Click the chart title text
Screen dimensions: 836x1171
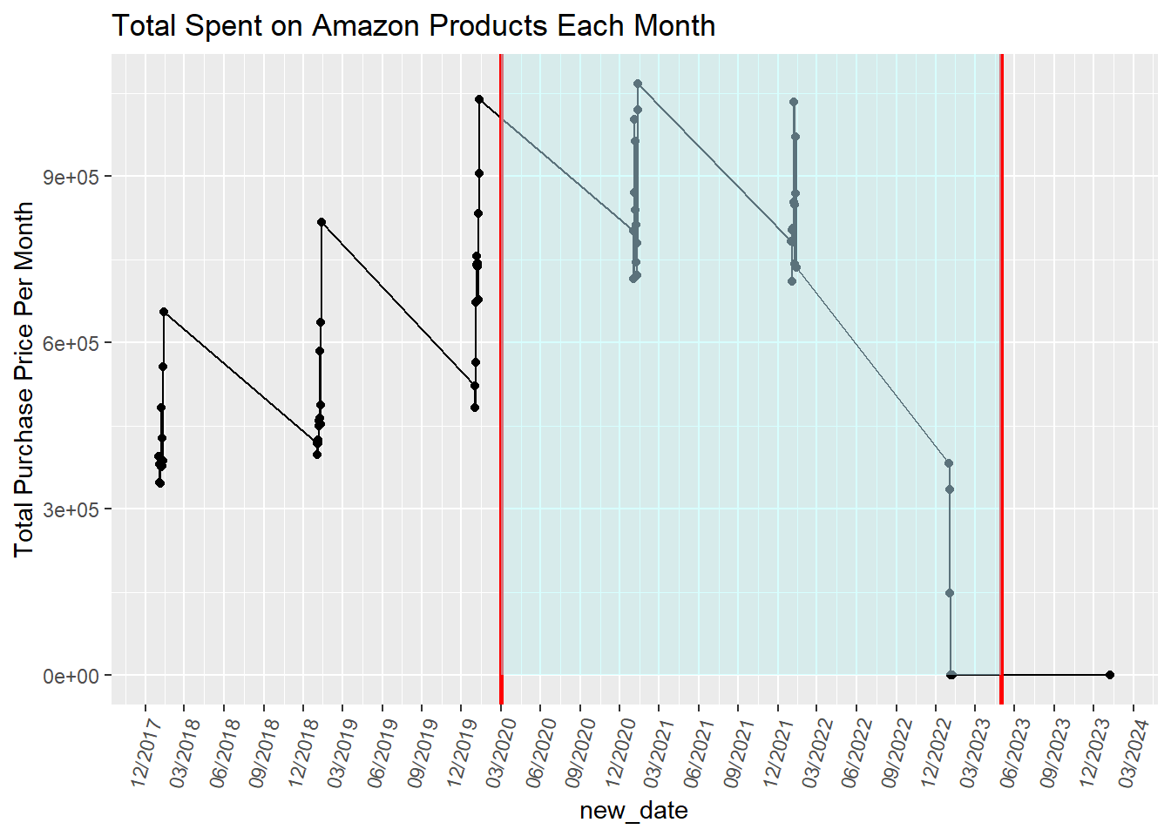[413, 26]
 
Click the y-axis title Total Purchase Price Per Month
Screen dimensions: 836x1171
[24, 379]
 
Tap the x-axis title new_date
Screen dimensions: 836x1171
[633, 811]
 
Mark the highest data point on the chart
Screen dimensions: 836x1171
[638, 84]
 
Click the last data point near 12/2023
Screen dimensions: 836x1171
[1109, 675]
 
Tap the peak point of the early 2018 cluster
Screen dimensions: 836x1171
[164, 312]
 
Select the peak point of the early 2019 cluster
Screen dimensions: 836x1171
[322, 222]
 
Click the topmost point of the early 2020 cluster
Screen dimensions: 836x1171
[479, 99]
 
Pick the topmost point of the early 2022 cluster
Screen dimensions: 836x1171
[794, 102]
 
